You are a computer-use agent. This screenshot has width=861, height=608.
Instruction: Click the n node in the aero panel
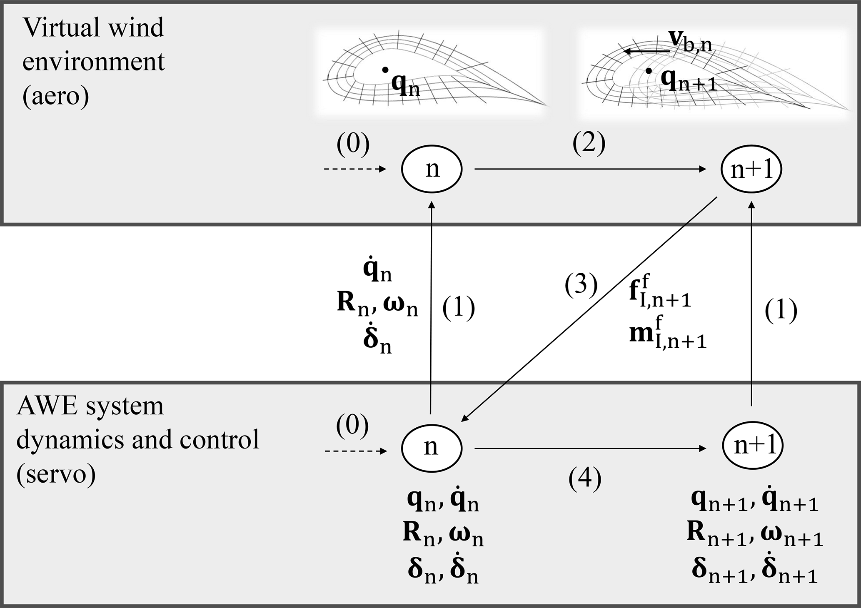tap(432, 169)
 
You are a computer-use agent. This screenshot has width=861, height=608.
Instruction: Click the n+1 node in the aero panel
tap(751, 169)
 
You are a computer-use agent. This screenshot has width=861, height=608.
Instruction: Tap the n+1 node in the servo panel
tap(752, 446)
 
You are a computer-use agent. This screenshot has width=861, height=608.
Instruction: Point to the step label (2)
tap(589, 144)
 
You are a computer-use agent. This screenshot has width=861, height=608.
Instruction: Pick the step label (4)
tap(585, 478)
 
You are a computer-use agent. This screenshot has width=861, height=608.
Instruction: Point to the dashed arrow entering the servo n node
tap(355, 451)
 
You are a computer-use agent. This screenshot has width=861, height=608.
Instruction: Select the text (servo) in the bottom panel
tap(56, 474)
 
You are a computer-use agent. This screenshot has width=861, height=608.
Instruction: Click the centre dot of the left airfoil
tap(386, 70)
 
